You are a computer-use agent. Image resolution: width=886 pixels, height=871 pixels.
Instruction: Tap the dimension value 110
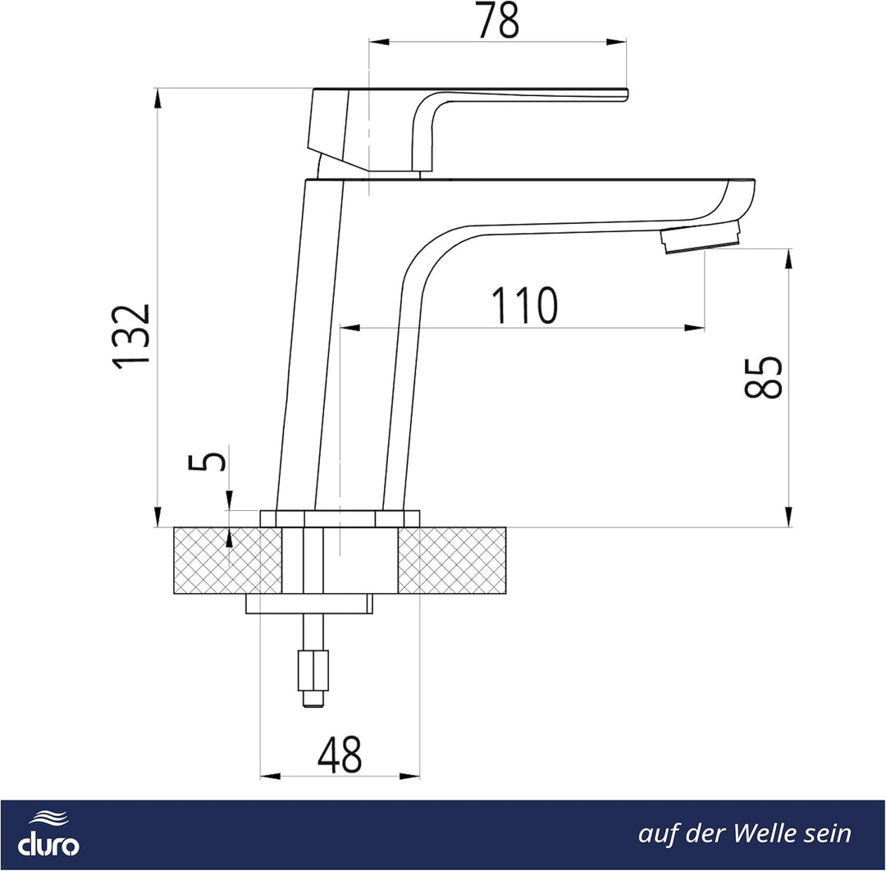click(524, 306)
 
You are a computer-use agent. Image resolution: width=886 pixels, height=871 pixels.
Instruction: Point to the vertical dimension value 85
click(764, 376)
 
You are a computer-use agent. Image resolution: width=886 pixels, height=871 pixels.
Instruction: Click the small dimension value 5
click(207, 460)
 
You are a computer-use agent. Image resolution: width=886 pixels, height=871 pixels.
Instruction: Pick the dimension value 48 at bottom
click(340, 755)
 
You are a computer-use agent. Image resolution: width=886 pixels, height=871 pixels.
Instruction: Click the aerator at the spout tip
click(701, 237)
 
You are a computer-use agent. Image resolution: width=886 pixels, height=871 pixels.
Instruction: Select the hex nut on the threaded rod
click(313, 671)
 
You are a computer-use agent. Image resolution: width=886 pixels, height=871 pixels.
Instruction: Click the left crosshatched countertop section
click(227, 560)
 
